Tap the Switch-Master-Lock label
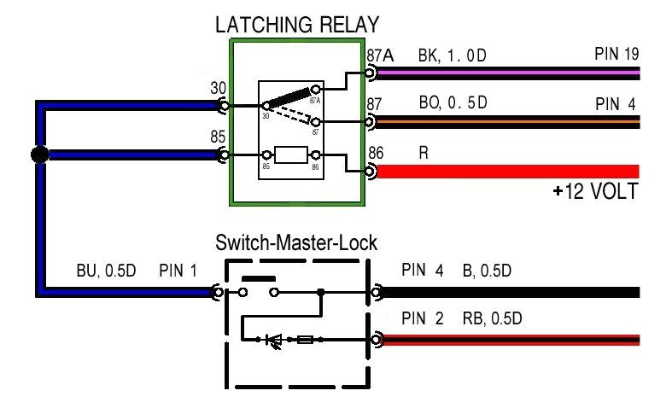click(x=296, y=243)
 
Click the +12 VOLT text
click(x=595, y=191)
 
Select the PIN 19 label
click(x=616, y=55)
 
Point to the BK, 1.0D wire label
click(x=452, y=55)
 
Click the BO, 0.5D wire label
click(x=452, y=103)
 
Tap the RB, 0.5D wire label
click(x=491, y=319)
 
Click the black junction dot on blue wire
click(x=38, y=155)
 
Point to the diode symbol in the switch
click(x=275, y=340)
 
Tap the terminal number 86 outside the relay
click(x=376, y=154)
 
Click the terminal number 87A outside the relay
click(x=380, y=55)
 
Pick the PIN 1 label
click(x=178, y=272)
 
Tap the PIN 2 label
click(x=422, y=319)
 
